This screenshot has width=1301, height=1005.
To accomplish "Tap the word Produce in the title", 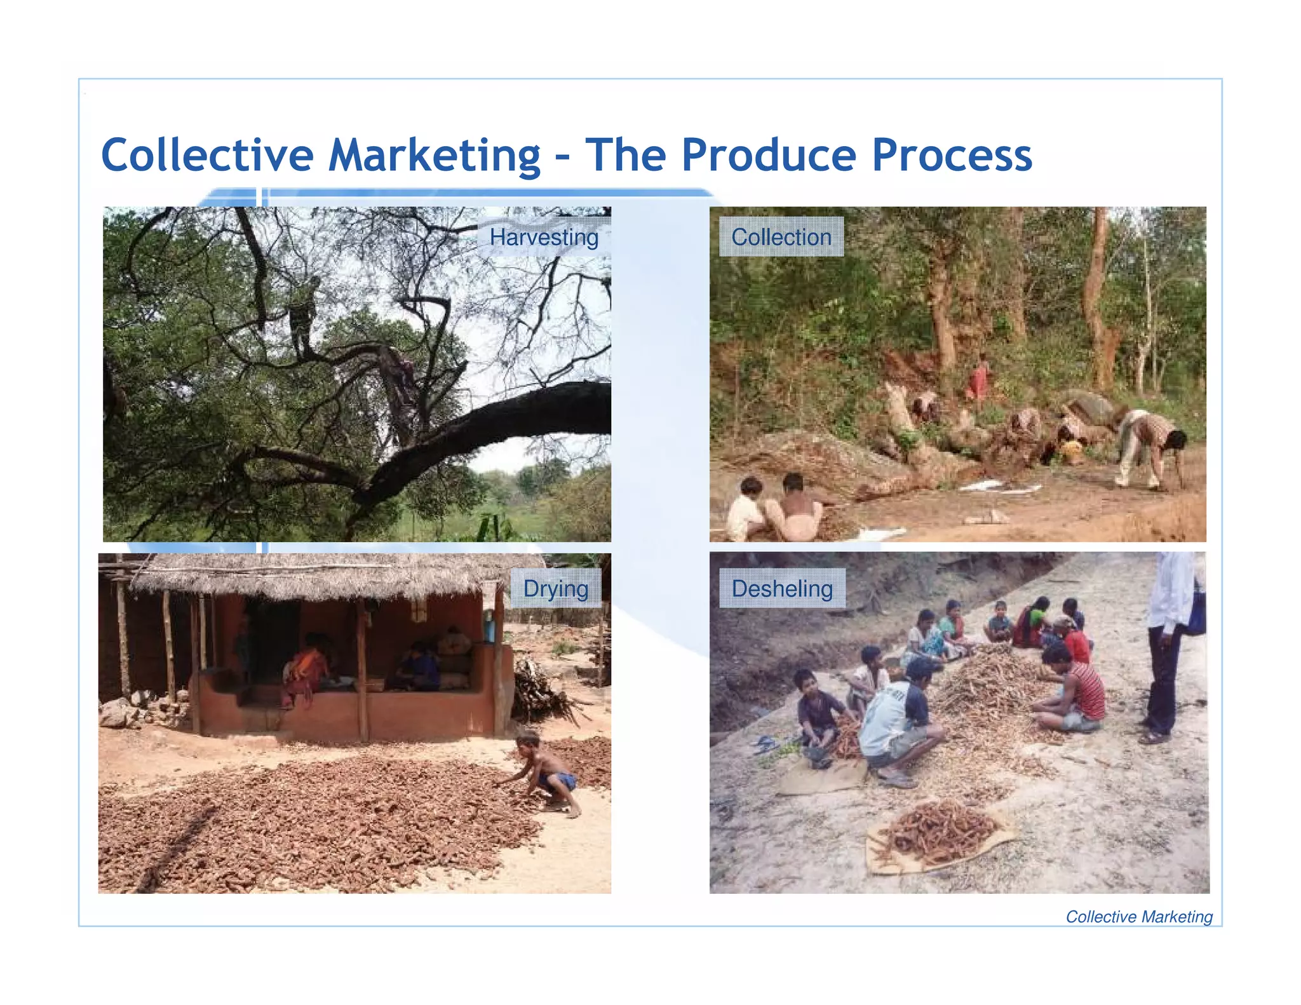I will tap(769, 156).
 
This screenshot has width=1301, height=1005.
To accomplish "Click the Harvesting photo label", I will tap(544, 238).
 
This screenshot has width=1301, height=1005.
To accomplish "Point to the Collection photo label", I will tap(781, 237).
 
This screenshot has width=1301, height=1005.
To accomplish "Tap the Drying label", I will tap(555, 589).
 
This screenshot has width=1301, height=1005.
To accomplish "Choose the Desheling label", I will tap(781, 589).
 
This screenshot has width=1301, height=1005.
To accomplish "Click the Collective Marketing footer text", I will tap(1138, 917).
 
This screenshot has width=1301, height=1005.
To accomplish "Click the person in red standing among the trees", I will tap(978, 379).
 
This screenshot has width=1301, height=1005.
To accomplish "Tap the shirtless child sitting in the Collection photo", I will tap(793, 508).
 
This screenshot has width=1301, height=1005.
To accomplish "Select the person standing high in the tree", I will tap(302, 311).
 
